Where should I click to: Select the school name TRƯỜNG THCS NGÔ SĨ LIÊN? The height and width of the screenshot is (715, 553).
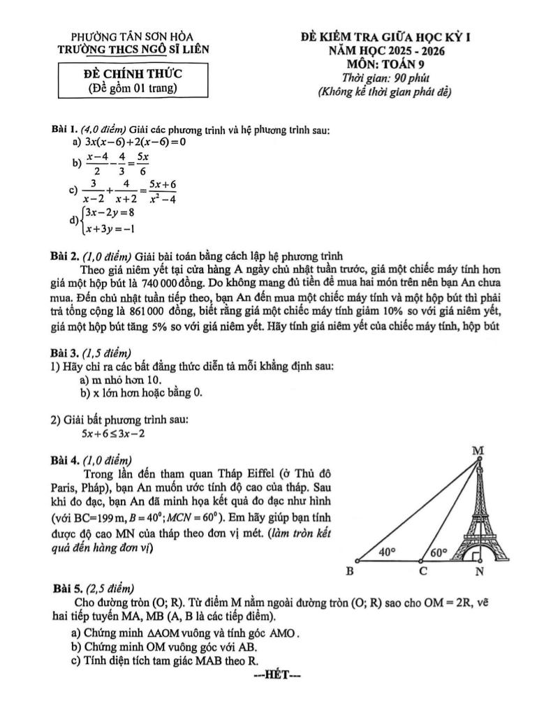(x=133, y=49)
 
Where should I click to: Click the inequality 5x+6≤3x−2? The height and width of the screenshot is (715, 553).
(x=113, y=434)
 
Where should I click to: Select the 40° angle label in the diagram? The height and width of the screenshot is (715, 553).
(x=388, y=551)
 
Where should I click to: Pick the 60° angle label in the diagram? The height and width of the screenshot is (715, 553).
(x=438, y=552)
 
